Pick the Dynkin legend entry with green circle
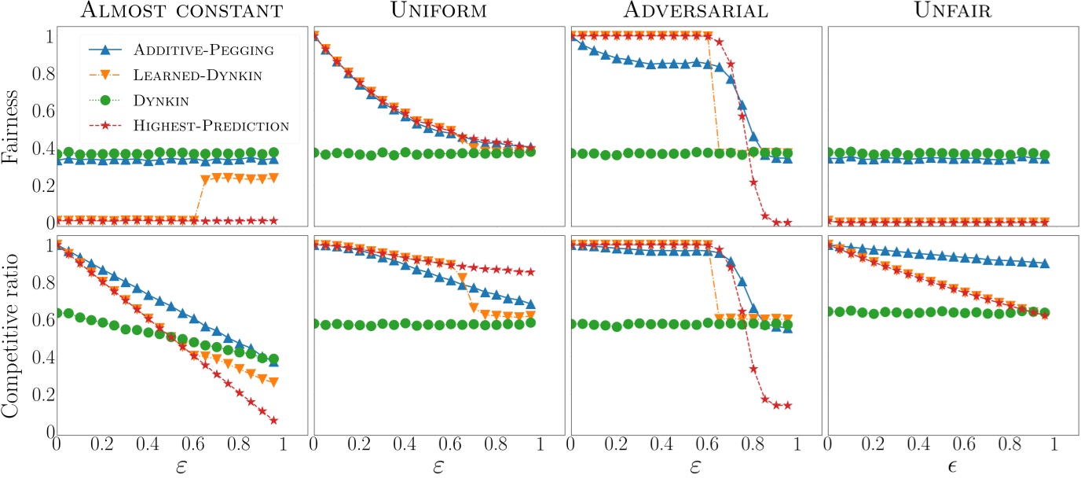click(161, 100)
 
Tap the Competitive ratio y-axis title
click(13, 337)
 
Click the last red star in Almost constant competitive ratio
click(273, 421)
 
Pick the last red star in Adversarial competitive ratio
click(786, 406)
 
